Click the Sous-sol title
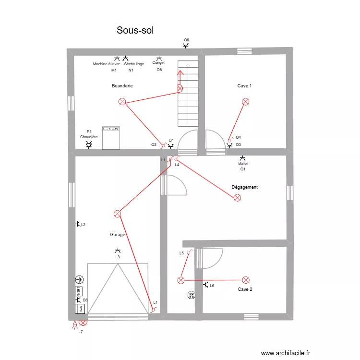click(135, 31)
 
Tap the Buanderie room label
click(122, 86)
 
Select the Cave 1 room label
click(244, 86)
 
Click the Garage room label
click(118, 235)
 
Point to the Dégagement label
click(244, 187)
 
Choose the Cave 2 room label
click(245, 289)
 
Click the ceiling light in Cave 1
click(246, 102)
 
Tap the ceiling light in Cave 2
click(246, 280)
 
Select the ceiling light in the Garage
click(117, 214)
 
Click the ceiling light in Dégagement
click(237, 198)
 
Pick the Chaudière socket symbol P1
click(89, 144)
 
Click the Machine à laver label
click(107, 64)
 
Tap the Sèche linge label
click(134, 64)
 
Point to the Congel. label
click(159, 63)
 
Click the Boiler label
click(243, 163)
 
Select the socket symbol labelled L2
click(78, 224)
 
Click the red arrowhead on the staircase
click(180, 73)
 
